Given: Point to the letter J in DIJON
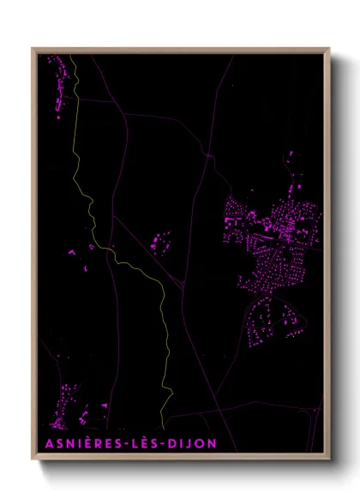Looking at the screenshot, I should pos(189,442).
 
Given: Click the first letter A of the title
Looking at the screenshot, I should pos(45,442).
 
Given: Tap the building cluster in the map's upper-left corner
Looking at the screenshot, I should pos(58,81).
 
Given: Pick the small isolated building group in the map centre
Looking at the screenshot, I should pos(159,242).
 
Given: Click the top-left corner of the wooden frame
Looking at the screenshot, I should pos(33,49).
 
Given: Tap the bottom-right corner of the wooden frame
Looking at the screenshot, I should pos(329,459).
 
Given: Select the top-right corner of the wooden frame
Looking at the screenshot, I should pos(329,49).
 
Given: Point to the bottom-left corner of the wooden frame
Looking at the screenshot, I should pos(33,459).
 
